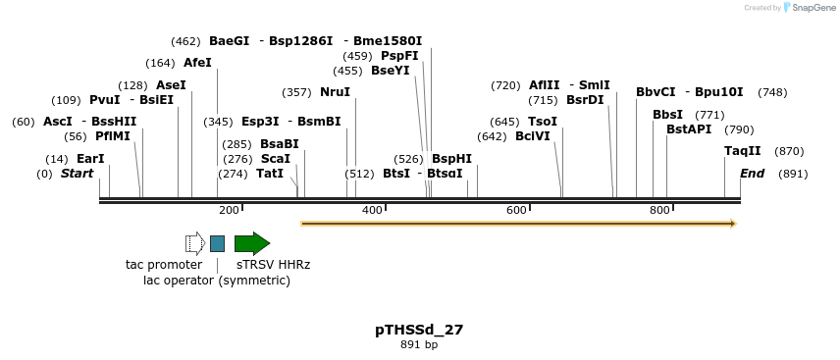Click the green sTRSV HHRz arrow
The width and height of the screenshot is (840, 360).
coord(251,243)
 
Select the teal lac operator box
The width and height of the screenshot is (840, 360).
coord(217,243)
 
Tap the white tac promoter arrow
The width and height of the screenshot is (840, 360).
coord(194,243)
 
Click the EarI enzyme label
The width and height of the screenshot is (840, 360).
coord(90,159)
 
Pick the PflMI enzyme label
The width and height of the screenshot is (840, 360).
coord(112,136)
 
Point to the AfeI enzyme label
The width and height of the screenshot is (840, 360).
coord(197,63)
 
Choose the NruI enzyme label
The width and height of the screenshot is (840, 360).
coord(335,92)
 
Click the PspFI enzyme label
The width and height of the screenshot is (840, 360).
coord(399,56)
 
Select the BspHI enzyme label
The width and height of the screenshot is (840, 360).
coord(451,159)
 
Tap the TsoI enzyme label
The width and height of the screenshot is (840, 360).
coord(543,122)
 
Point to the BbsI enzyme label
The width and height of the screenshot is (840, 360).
coord(667,115)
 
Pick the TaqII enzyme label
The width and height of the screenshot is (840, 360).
coord(742,151)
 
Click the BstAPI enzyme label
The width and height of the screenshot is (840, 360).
coord(689,129)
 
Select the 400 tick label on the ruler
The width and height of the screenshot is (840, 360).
coord(372,210)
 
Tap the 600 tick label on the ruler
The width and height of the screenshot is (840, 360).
coord(516,210)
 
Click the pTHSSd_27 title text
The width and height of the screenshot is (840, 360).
coord(419,330)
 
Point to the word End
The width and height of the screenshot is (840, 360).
coord(752,174)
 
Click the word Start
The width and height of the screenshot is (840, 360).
coord(78,174)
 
